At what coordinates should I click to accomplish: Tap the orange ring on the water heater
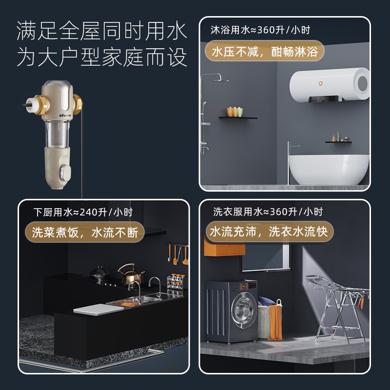(x=321, y=83)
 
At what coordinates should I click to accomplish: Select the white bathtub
(x=329, y=170)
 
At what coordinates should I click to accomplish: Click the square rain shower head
(x=221, y=80)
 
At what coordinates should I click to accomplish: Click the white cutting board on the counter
(x=98, y=309)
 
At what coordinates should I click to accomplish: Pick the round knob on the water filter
(x=65, y=172)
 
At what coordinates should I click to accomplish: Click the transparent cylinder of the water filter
(x=57, y=134)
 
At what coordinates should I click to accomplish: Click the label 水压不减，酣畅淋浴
(x=265, y=52)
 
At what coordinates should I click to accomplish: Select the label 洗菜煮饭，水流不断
(x=85, y=232)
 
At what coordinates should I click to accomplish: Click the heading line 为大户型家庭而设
(x=102, y=57)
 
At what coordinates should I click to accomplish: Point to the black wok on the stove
(x=99, y=273)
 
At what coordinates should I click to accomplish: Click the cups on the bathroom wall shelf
(x=234, y=112)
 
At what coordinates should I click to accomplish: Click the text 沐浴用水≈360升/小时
(x=260, y=30)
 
